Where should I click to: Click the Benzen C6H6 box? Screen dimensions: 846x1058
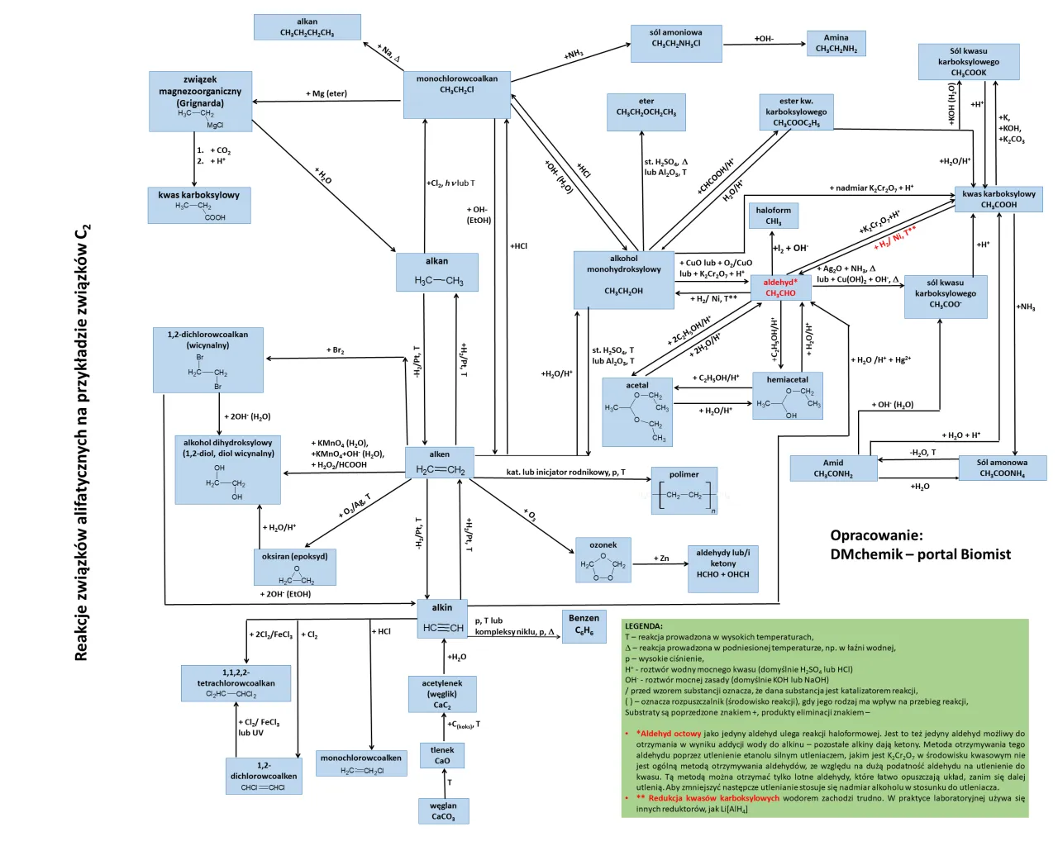point(584,625)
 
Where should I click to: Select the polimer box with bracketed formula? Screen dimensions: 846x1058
point(684,491)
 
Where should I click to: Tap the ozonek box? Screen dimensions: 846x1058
point(603,560)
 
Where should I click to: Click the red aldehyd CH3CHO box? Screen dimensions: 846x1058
point(780,288)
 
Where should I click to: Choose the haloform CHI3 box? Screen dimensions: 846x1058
point(773,216)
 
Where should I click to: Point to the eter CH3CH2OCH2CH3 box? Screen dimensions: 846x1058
point(646,112)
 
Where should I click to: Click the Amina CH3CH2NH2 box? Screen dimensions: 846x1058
point(836,43)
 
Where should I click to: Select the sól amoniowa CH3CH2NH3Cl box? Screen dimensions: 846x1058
point(675,44)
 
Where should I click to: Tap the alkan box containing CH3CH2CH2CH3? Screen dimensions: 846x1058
point(307,27)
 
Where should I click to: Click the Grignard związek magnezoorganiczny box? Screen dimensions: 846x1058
point(200,101)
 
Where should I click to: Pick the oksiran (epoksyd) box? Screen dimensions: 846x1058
point(295,567)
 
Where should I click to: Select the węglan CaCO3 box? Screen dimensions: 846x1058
point(443,810)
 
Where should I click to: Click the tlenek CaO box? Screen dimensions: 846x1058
point(442,755)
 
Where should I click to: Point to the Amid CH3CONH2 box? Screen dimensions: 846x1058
point(833,468)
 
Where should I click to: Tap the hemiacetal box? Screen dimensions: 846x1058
point(787,396)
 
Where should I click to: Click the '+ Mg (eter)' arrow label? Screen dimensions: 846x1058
point(326,93)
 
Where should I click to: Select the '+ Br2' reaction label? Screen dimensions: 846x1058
point(335,350)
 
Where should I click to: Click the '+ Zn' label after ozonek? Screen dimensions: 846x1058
point(661,558)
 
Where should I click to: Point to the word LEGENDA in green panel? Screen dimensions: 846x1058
point(643,626)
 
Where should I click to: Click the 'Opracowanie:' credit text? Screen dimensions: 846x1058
point(876,535)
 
